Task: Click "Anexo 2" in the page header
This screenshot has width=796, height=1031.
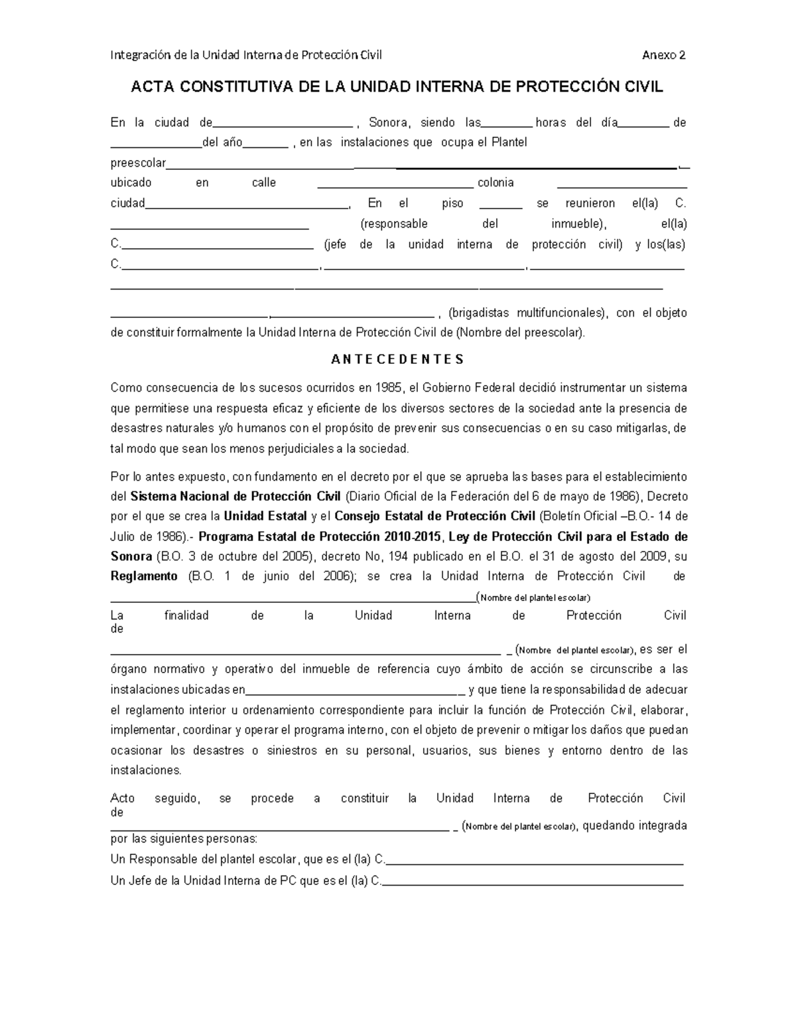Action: pyautogui.click(x=663, y=55)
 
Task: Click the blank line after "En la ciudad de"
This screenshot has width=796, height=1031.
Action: pyautogui.click(x=283, y=125)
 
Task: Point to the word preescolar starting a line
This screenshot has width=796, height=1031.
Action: pyautogui.click(x=138, y=163)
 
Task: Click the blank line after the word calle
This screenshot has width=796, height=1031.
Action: pyautogui.click(x=395, y=186)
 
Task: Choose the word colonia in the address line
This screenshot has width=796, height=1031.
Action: pyautogui.click(x=496, y=183)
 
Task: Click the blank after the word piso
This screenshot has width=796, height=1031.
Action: pyautogui.click(x=500, y=206)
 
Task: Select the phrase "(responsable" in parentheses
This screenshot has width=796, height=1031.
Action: pyautogui.click(x=394, y=224)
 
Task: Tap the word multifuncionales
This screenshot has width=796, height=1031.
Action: pyautogui.click(x=561, y=313)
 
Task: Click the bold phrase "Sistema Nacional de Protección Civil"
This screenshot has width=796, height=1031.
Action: pyautogui.click(x=235, y=497)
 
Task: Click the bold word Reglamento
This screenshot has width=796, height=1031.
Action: pyautogui.click(x=144, y=576)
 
